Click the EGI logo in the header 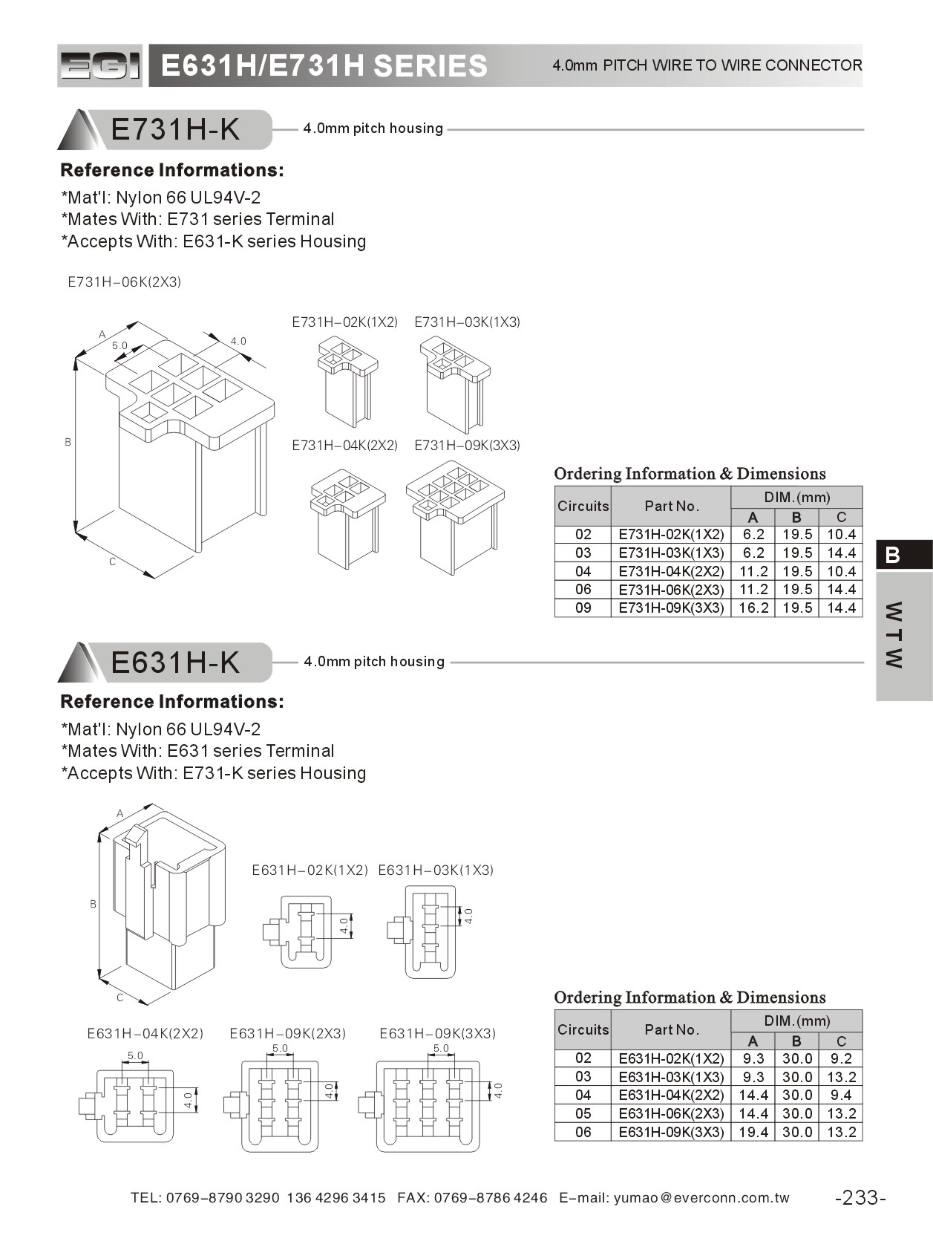click(99, 66)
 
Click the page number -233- click(860, 1197)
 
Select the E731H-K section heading click(175, 130)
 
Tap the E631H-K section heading click(175, 663)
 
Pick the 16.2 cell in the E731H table click(753, 608)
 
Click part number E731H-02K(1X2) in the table click(670, 534)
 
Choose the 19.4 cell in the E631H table click(753, 1132)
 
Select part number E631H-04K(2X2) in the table click(670, 1095)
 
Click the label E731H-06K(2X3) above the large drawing click(124, 282)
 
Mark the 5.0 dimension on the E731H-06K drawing click(120, 345)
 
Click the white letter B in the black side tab click(893, 555)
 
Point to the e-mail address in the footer click(701, 1197)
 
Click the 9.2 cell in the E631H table click(841, 1058)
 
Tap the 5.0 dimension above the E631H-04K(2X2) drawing click(135, 1055)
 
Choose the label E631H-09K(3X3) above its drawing click(437, 1033)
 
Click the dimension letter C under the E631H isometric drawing click(120, 997)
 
